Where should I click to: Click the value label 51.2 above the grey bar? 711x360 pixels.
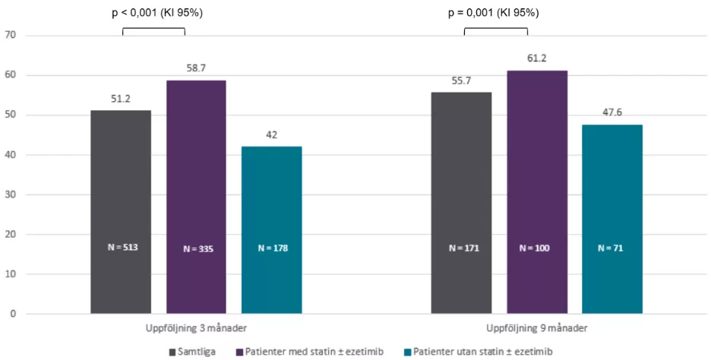(x=121, y=98)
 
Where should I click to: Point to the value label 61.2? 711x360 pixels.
(x=537, y=58)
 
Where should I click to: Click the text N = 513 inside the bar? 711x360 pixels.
(x=121, y=247)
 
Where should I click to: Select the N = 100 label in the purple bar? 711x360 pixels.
(x=537, y=248)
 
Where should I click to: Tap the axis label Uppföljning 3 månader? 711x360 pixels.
(x=196, y=329)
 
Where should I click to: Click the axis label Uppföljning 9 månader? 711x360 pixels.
(x=537, y=329)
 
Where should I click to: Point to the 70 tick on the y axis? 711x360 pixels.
(x=11, y=35)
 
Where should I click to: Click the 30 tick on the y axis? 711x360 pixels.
(x=11, y=194)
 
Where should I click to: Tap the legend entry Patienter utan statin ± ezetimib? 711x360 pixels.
(x=480, y=352)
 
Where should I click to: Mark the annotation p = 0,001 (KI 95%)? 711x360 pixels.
(x=495, y=13)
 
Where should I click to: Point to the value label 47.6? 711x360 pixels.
(x=612, y=112)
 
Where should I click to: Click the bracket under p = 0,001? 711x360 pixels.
(x=495, y=30)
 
